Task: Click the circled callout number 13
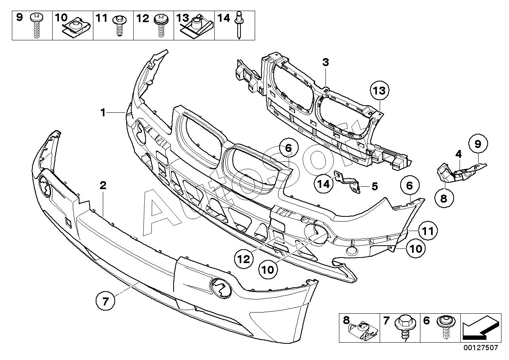(380, 91)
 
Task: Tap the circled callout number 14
(324, 184)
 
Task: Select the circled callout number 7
(105, 301)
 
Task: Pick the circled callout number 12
(244, 259)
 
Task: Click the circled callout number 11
(428, 231)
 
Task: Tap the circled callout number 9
(478, 144)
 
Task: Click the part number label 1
(103, 112)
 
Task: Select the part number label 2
(103, 186)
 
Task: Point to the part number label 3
(325, 62)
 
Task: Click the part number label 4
(458, 154)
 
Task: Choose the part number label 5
(375, 186)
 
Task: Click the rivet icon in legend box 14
(239, 25)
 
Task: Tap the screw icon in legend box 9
(36, 25)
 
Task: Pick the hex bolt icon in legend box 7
(405, 327)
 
